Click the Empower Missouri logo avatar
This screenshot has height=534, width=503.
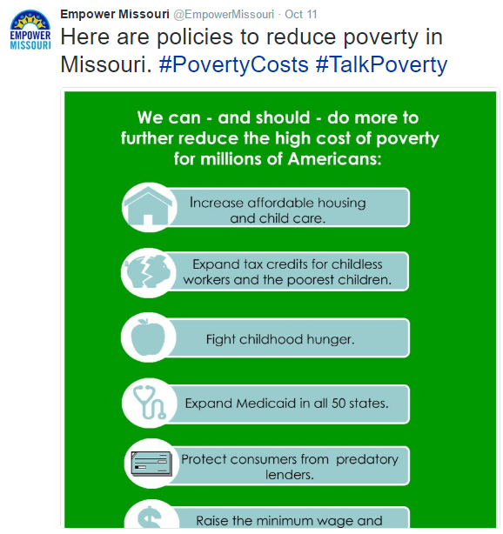tap(30, 30)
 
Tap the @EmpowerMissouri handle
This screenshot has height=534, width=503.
tap(224, 14)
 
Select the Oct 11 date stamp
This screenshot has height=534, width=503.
tap(301, 14)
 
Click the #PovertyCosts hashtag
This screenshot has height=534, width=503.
tap(234, 64)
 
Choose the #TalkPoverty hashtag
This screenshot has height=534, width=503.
tap(381, 64)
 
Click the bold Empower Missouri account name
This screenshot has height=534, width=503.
tap(115, 14)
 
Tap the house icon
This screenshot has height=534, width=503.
tap(148, 206)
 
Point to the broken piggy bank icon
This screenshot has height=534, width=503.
tap(148, 271)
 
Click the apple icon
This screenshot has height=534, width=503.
tap(148, 337)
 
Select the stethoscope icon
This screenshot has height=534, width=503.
tap(149, 402)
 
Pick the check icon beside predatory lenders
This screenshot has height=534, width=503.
tap(151, 464)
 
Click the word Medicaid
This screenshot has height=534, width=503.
tap(266, 404)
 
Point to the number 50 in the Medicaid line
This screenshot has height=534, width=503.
tap(339, 404)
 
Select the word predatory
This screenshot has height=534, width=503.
tap(367, 460)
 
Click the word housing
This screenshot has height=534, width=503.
tap(342, 204)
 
